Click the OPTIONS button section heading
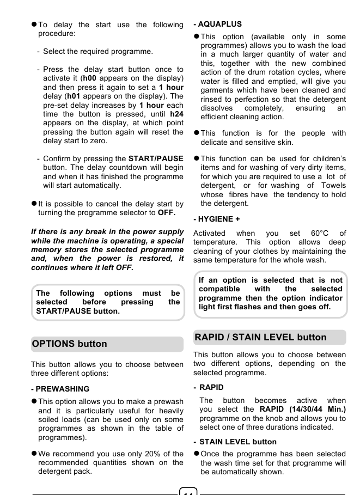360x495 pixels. (x=69, y=344)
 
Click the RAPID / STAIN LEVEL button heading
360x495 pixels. (x=260, y=337)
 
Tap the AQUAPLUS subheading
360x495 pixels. (x=218, y=24)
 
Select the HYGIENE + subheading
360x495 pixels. (x=217, y=219)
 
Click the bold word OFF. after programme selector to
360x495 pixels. (x=166, y=212)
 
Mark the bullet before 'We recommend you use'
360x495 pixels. (x=34, y=454)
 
